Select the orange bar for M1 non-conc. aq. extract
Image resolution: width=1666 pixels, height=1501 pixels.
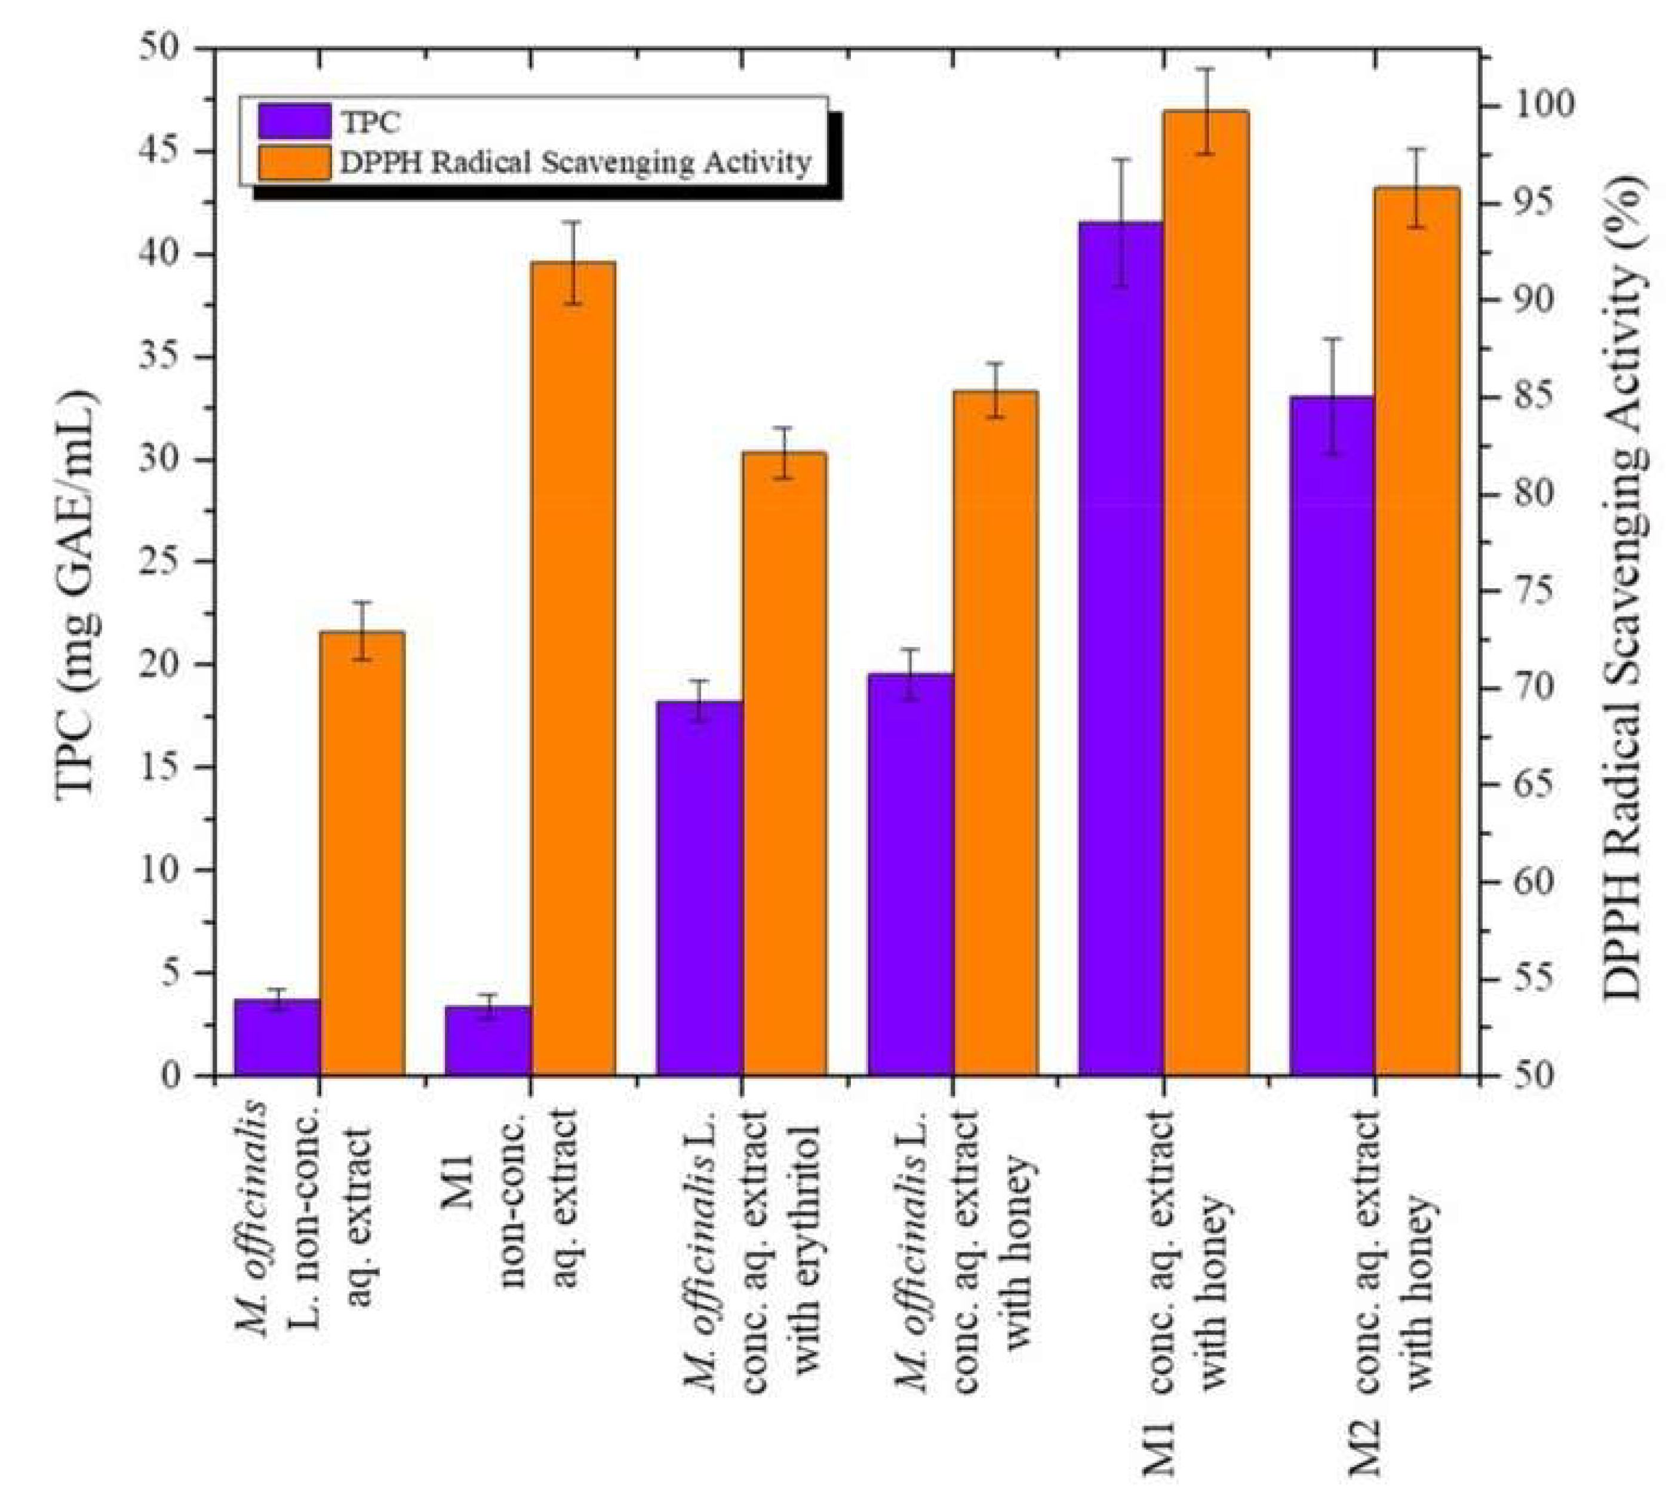[x=573, y=668]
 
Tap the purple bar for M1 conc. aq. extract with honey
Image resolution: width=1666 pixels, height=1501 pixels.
[x=1120, y=648]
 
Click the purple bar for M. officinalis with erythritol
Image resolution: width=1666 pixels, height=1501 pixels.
[x=699, y=888]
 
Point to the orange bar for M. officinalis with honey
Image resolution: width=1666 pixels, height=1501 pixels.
[x=994, y=733]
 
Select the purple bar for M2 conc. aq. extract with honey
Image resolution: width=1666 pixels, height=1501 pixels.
[x=1332, y=736]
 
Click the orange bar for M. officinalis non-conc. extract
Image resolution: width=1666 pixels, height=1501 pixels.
[x=362, y=854]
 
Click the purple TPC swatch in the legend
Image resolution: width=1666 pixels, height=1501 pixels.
[x=293, y=121]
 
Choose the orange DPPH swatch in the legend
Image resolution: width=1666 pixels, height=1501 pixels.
[x=293, y=162]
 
